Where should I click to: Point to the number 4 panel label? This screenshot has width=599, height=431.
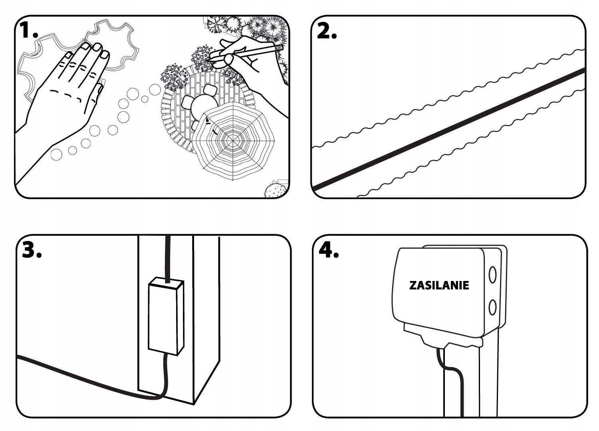(327, 250)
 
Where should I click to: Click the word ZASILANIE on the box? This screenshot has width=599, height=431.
(439, 285)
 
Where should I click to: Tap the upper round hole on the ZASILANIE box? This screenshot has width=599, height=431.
(492, 275)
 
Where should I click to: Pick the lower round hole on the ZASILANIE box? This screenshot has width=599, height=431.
(492, 307)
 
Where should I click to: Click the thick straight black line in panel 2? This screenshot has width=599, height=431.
(447, 129)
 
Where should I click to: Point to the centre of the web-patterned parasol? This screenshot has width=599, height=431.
(233, 140)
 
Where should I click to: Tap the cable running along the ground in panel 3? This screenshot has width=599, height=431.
(80, 375)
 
